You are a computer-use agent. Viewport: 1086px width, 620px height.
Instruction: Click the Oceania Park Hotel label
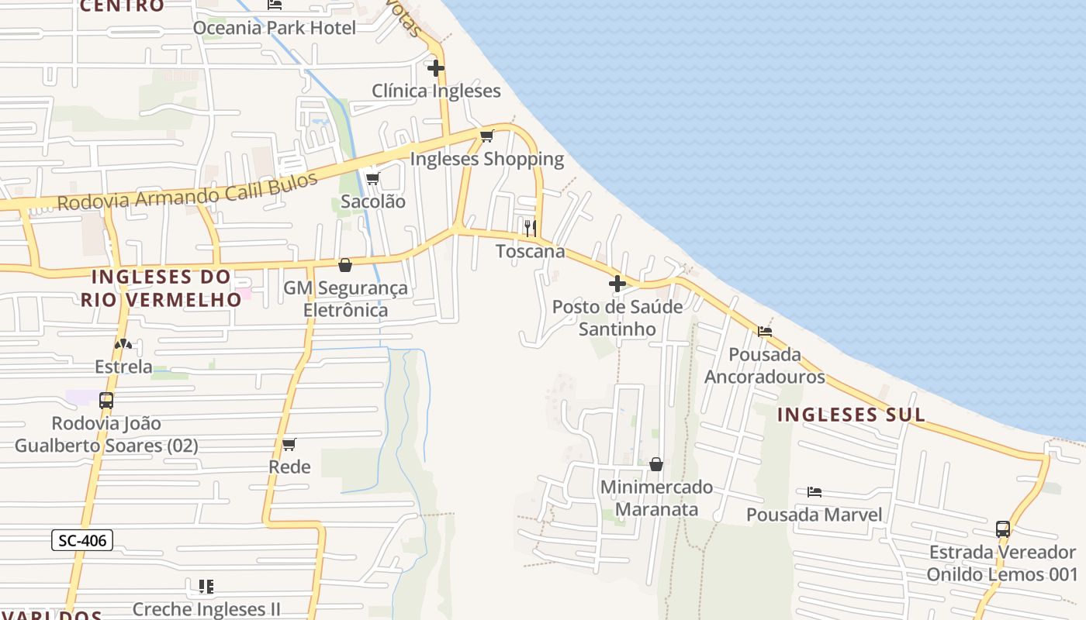tap(275, 28)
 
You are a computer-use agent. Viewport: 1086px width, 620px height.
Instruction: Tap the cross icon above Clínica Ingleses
tap(436, 68)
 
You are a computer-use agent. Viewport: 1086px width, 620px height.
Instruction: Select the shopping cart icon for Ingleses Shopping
tap(486, 136)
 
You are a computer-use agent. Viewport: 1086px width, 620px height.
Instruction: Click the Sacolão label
tap(373, 201)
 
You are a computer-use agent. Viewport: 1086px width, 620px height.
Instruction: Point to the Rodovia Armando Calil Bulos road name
tap(188, 191)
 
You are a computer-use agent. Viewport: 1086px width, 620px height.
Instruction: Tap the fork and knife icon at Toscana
tap(531, 228)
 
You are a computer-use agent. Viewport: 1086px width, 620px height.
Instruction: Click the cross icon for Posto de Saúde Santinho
tap(617, 284)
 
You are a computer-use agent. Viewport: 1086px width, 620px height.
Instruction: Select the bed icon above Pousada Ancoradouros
tap(765, 332)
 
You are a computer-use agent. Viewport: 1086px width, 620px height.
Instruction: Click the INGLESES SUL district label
tap(851, 415)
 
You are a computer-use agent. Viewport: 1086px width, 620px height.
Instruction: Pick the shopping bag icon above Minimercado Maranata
tap(656, 464)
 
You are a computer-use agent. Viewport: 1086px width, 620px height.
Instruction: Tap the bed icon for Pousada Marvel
tap(814, 491)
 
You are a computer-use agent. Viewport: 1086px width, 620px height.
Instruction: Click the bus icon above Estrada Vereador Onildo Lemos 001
tap(1002, 529)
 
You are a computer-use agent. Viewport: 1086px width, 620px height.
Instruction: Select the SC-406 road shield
tap(82, 540)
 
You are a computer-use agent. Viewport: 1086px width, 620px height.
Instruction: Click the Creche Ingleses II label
tap(206, 609)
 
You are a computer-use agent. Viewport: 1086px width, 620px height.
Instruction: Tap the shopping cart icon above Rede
tap(289, 444)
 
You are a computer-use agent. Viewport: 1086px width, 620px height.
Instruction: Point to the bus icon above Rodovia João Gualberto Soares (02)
tap(106, 401)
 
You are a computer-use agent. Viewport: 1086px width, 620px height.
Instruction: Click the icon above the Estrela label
tap(123, 343)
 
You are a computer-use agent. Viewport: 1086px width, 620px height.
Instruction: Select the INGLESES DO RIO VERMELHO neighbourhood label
tap(161, 288)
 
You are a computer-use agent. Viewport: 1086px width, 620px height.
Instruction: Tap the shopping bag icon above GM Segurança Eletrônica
tap(345, 265)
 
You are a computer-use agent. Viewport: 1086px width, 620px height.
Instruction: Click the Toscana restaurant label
tap(531, 252)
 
